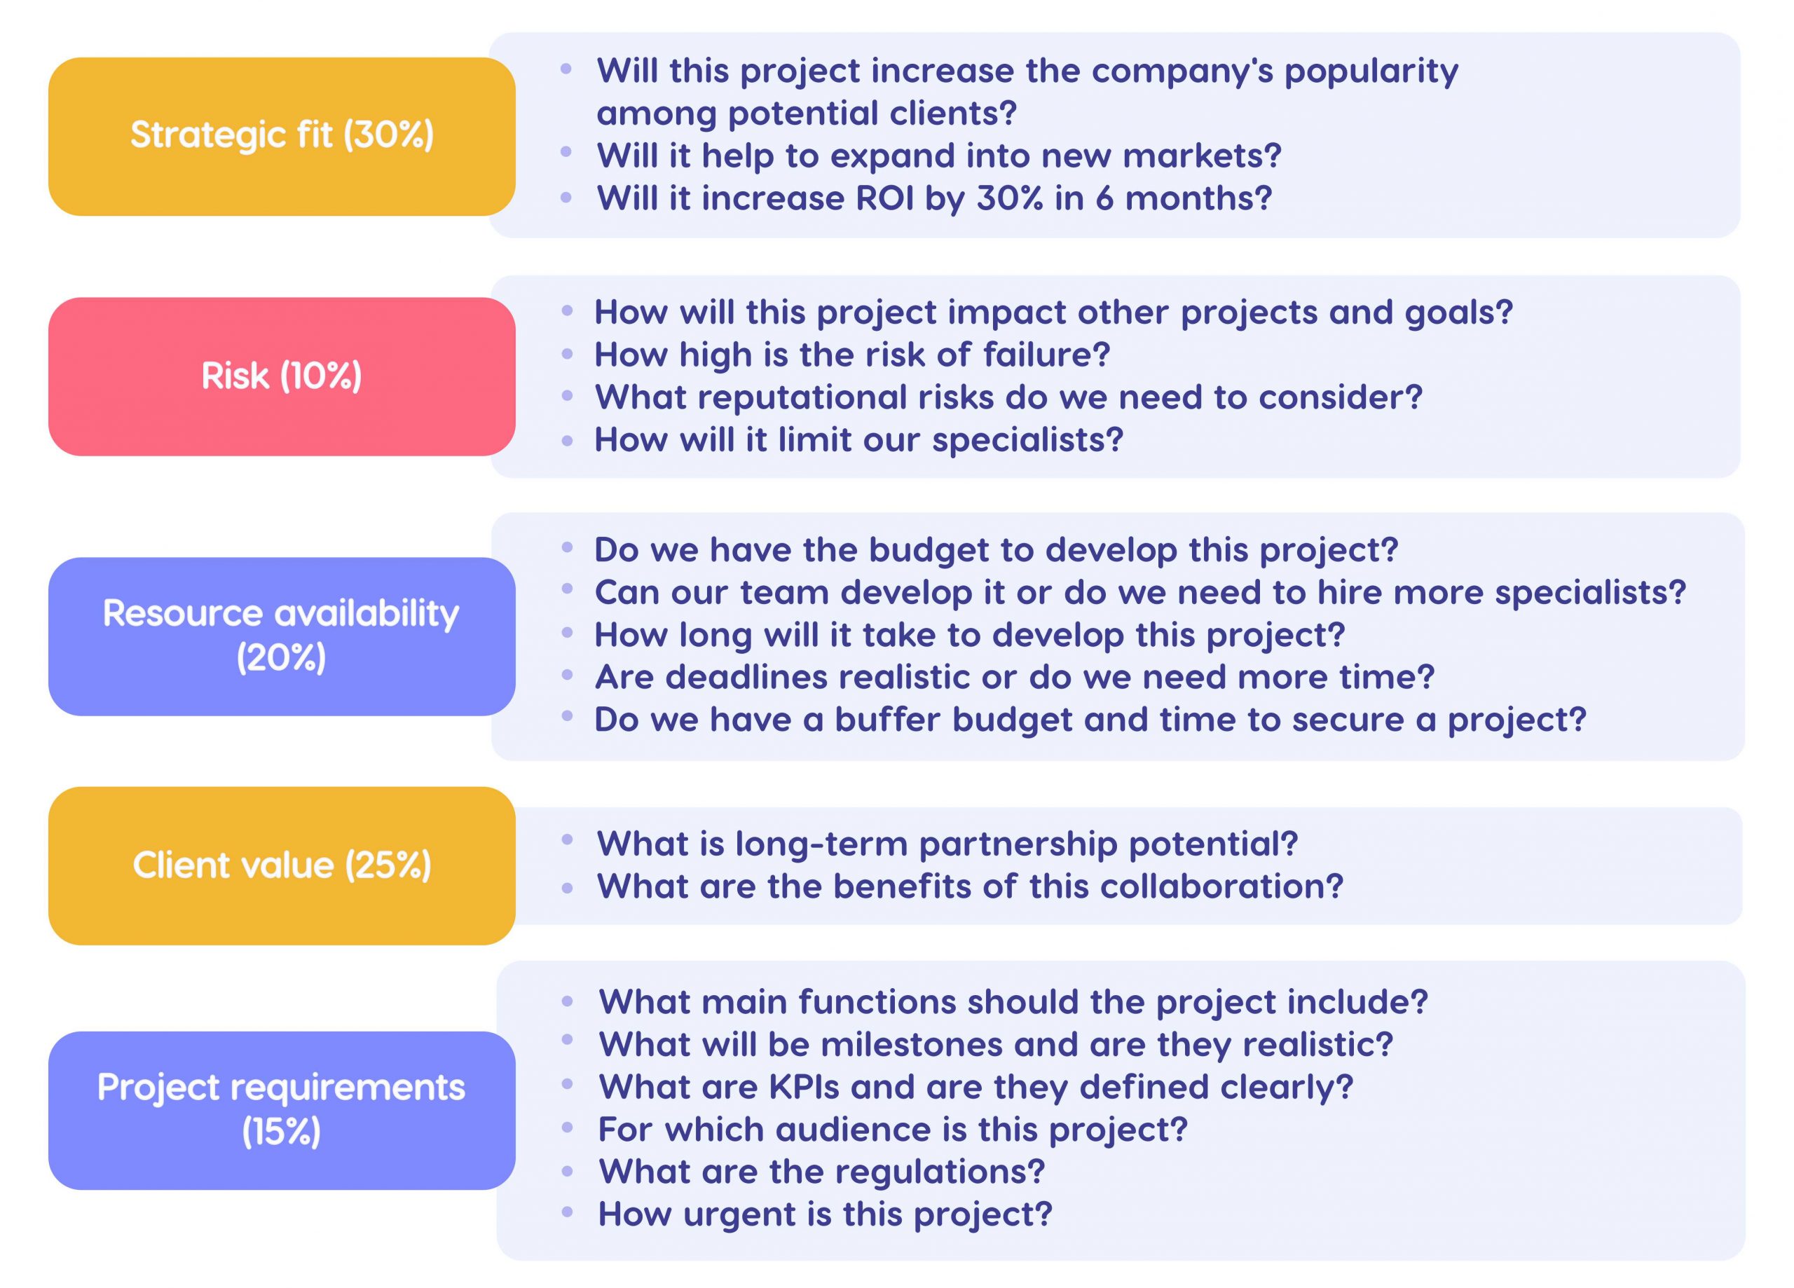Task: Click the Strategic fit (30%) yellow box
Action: pyautogui.click(x=282, y=136)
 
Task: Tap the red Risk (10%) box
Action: pyautogui.click(x=282, y=376)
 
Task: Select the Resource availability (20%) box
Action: pyautogui.click(x=282, y=636)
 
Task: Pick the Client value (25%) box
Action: pyautogui.click(x=282, y=865)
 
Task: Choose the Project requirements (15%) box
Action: pyautogui.click(x=282, y=1109)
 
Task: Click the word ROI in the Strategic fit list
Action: pyautogui.click(x=884, y=198)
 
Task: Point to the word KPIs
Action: pyautogui.click(x=803, y=1087)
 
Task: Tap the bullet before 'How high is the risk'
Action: pyautogui.click(x=567, y=354)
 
